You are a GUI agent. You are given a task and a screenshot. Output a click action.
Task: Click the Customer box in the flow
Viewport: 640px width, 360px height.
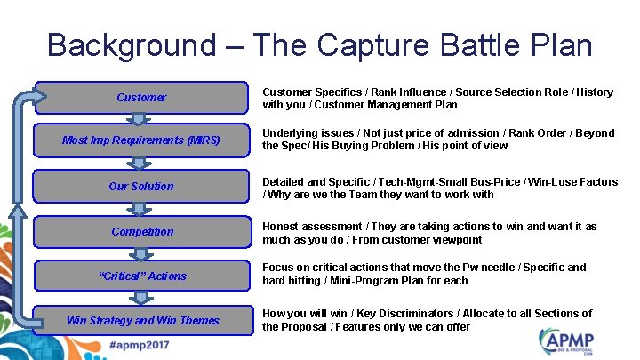pos(141,98)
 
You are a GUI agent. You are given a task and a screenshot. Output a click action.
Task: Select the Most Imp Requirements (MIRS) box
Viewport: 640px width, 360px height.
pos(141,140)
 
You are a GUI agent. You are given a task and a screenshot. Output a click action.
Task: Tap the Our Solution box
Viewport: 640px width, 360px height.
pos(141,187)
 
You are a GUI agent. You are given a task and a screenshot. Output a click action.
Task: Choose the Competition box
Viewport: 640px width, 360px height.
pos(141,231)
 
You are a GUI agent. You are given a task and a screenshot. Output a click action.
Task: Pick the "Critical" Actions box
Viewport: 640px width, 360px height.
pos(141,276)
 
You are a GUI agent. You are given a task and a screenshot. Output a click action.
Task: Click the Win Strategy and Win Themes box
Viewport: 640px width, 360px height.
pos(141,320)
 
